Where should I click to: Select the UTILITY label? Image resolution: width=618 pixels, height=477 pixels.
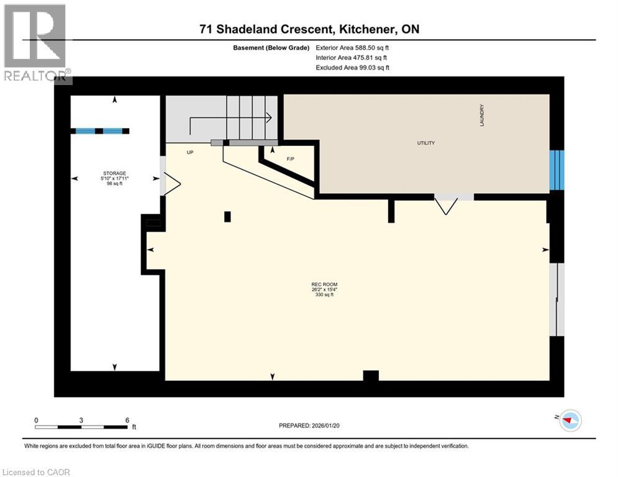(x=425, y=143)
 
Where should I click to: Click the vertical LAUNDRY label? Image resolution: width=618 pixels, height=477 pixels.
(x=481, y=116)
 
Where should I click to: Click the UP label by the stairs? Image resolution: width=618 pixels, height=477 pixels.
(x=191, y=152)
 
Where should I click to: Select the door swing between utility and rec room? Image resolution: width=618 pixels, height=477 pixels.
(x=447, y=204)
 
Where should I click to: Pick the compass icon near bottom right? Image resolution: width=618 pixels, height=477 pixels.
(x=570, y=420)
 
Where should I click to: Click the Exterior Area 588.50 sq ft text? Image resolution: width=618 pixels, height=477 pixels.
(x=353, y=47)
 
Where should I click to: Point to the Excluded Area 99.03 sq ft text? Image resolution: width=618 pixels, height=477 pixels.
(x=353, y=67)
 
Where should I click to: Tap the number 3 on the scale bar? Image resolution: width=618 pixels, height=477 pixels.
(x=81, y=420)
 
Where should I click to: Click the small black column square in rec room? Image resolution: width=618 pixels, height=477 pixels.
(x=227, y=216)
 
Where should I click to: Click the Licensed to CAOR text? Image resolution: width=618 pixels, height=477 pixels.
(x=37, y=472)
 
